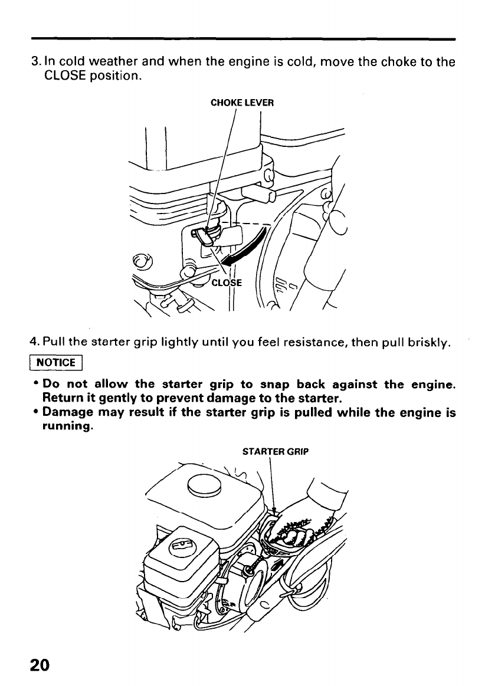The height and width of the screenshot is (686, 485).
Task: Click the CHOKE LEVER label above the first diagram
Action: [x=242, y=103]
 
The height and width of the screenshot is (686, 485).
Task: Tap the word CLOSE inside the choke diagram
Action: [x=227, y=282]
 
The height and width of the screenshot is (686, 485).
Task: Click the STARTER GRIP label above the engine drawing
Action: [x=276, y=453]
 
